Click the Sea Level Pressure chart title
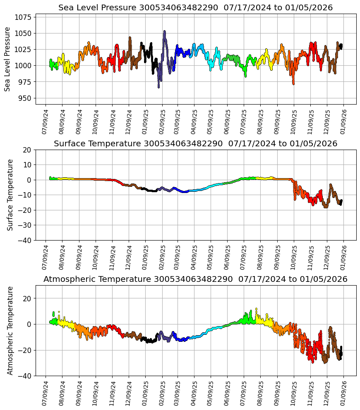195,8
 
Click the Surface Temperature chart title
195,144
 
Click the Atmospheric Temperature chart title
195,279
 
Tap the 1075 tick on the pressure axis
24,17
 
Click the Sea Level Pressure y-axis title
7,59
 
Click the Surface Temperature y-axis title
10,195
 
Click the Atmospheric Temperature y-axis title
10,330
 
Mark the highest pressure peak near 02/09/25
164,31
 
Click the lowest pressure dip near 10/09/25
293,83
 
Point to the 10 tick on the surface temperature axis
27,164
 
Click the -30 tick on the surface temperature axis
25,225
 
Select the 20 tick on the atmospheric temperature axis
27,298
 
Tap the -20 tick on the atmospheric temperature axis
25,350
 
